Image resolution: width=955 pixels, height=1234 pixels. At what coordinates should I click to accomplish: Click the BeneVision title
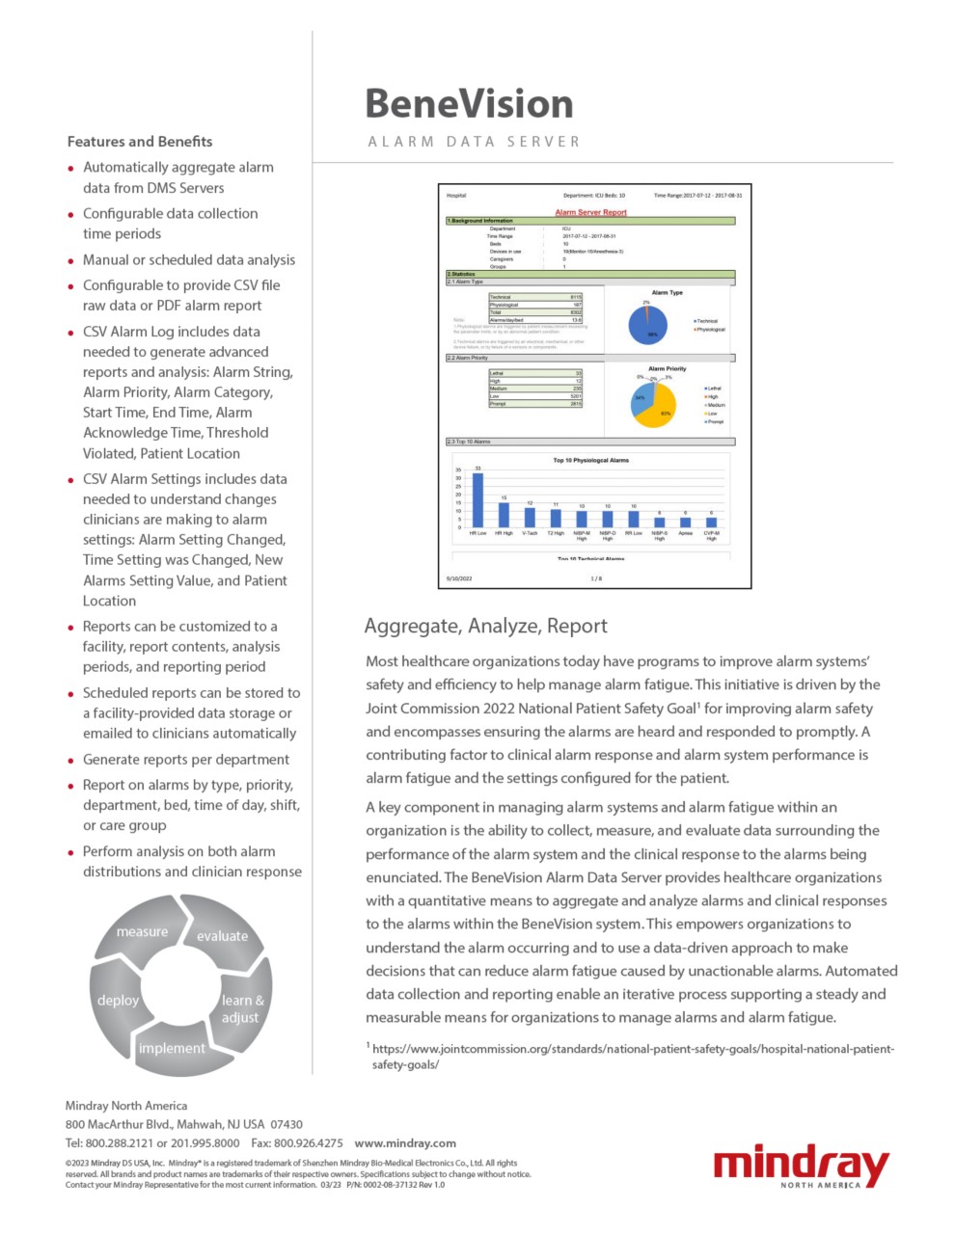point(469,104)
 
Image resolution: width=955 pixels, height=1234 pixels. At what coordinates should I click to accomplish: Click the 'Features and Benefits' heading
point(140,142)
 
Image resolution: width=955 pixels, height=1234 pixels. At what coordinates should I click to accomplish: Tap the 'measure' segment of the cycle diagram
point(142,932)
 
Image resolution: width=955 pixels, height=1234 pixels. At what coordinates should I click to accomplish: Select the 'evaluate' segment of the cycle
point(223,936)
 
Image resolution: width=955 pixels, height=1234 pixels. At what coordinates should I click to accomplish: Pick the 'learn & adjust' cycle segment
point(242,1008)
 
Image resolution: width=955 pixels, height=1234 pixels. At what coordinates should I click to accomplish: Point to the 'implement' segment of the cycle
point(172,1049)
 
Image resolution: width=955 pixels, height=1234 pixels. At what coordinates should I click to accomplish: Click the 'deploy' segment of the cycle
point(118,1001)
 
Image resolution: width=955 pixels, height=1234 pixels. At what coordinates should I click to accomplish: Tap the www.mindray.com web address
point(405,1143)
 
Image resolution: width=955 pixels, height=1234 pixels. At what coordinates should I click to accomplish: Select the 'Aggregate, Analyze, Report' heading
point(485,627)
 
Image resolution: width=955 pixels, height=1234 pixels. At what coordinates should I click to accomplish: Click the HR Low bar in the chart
point(477,499)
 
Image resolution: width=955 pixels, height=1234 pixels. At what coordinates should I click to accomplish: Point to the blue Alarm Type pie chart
point(648,326)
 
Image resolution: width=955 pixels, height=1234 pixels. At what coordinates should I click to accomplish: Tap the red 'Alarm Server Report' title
point(590,212)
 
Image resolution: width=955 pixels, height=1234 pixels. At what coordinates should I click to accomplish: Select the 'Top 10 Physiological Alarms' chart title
point(590,461)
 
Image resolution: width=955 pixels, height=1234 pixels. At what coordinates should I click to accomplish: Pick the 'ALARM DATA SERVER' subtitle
point(474,142)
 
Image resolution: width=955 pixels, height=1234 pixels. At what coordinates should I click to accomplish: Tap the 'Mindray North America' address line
point(126,1106)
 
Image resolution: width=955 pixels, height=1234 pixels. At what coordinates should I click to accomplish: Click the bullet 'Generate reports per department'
point(186,760)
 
